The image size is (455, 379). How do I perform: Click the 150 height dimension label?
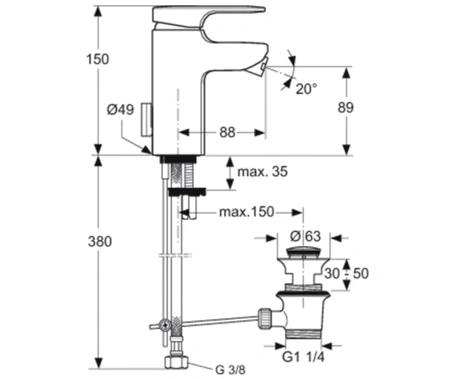click(98, 59)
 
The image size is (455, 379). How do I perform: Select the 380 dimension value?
click(99, 241)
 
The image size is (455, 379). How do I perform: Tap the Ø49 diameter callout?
click(121, 110)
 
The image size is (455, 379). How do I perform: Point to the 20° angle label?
click(306, 89)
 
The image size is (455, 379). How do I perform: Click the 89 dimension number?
click(346, 108)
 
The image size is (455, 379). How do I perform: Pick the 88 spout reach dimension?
click(227, 133)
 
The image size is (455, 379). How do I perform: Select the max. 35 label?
click(262, 171)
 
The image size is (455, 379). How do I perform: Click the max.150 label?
click(246, 212)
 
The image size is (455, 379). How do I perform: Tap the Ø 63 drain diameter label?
click(306, 236)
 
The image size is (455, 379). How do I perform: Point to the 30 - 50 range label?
click(347, 274)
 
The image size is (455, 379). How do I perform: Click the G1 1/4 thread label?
click(303, 357)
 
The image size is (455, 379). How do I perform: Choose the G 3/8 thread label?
click(230, 369)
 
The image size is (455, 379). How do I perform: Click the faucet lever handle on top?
click(209, 17)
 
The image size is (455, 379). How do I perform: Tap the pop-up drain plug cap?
click(303, 252)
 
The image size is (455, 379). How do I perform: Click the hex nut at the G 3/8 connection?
click(177, 362)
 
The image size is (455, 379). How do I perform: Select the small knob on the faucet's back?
click(146, 119)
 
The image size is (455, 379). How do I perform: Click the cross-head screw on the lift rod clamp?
click(165, 325)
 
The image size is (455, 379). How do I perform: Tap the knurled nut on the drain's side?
click(265, 318)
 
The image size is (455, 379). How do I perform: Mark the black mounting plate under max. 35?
click(187, 191)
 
